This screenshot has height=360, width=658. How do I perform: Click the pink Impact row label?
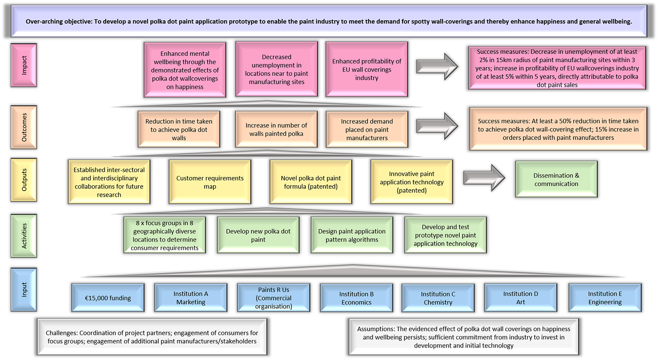click(24, 65)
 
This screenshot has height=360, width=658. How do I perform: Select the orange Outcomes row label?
click(24, 127)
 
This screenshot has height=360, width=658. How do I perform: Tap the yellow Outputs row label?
click(24, 180)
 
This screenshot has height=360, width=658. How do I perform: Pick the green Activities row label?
click(24, 236)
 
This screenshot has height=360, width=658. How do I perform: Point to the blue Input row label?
click(24, 290)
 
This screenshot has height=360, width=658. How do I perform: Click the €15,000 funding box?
click(108, 297)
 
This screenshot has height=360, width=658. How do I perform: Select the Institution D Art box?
click(521, 297)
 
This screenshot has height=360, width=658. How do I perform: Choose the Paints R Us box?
click(273, 297)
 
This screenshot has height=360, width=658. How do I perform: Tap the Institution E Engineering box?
click(605, 297)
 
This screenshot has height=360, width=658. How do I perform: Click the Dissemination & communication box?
click(556, 179)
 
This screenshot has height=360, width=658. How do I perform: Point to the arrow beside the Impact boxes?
click(437, 66)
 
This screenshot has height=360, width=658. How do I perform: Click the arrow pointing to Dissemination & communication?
click(484, 178)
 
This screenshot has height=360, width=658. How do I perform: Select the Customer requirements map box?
click(210, 182)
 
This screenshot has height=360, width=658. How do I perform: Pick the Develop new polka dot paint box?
click(258, 235)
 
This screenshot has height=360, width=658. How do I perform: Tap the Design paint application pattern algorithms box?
click(352, 235)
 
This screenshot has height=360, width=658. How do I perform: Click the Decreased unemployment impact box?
click(276, 70)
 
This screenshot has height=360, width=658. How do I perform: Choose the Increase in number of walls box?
click(276, 129)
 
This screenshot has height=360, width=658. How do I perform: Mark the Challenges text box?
click(152, 337)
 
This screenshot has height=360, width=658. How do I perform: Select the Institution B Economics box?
click(356, 297)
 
